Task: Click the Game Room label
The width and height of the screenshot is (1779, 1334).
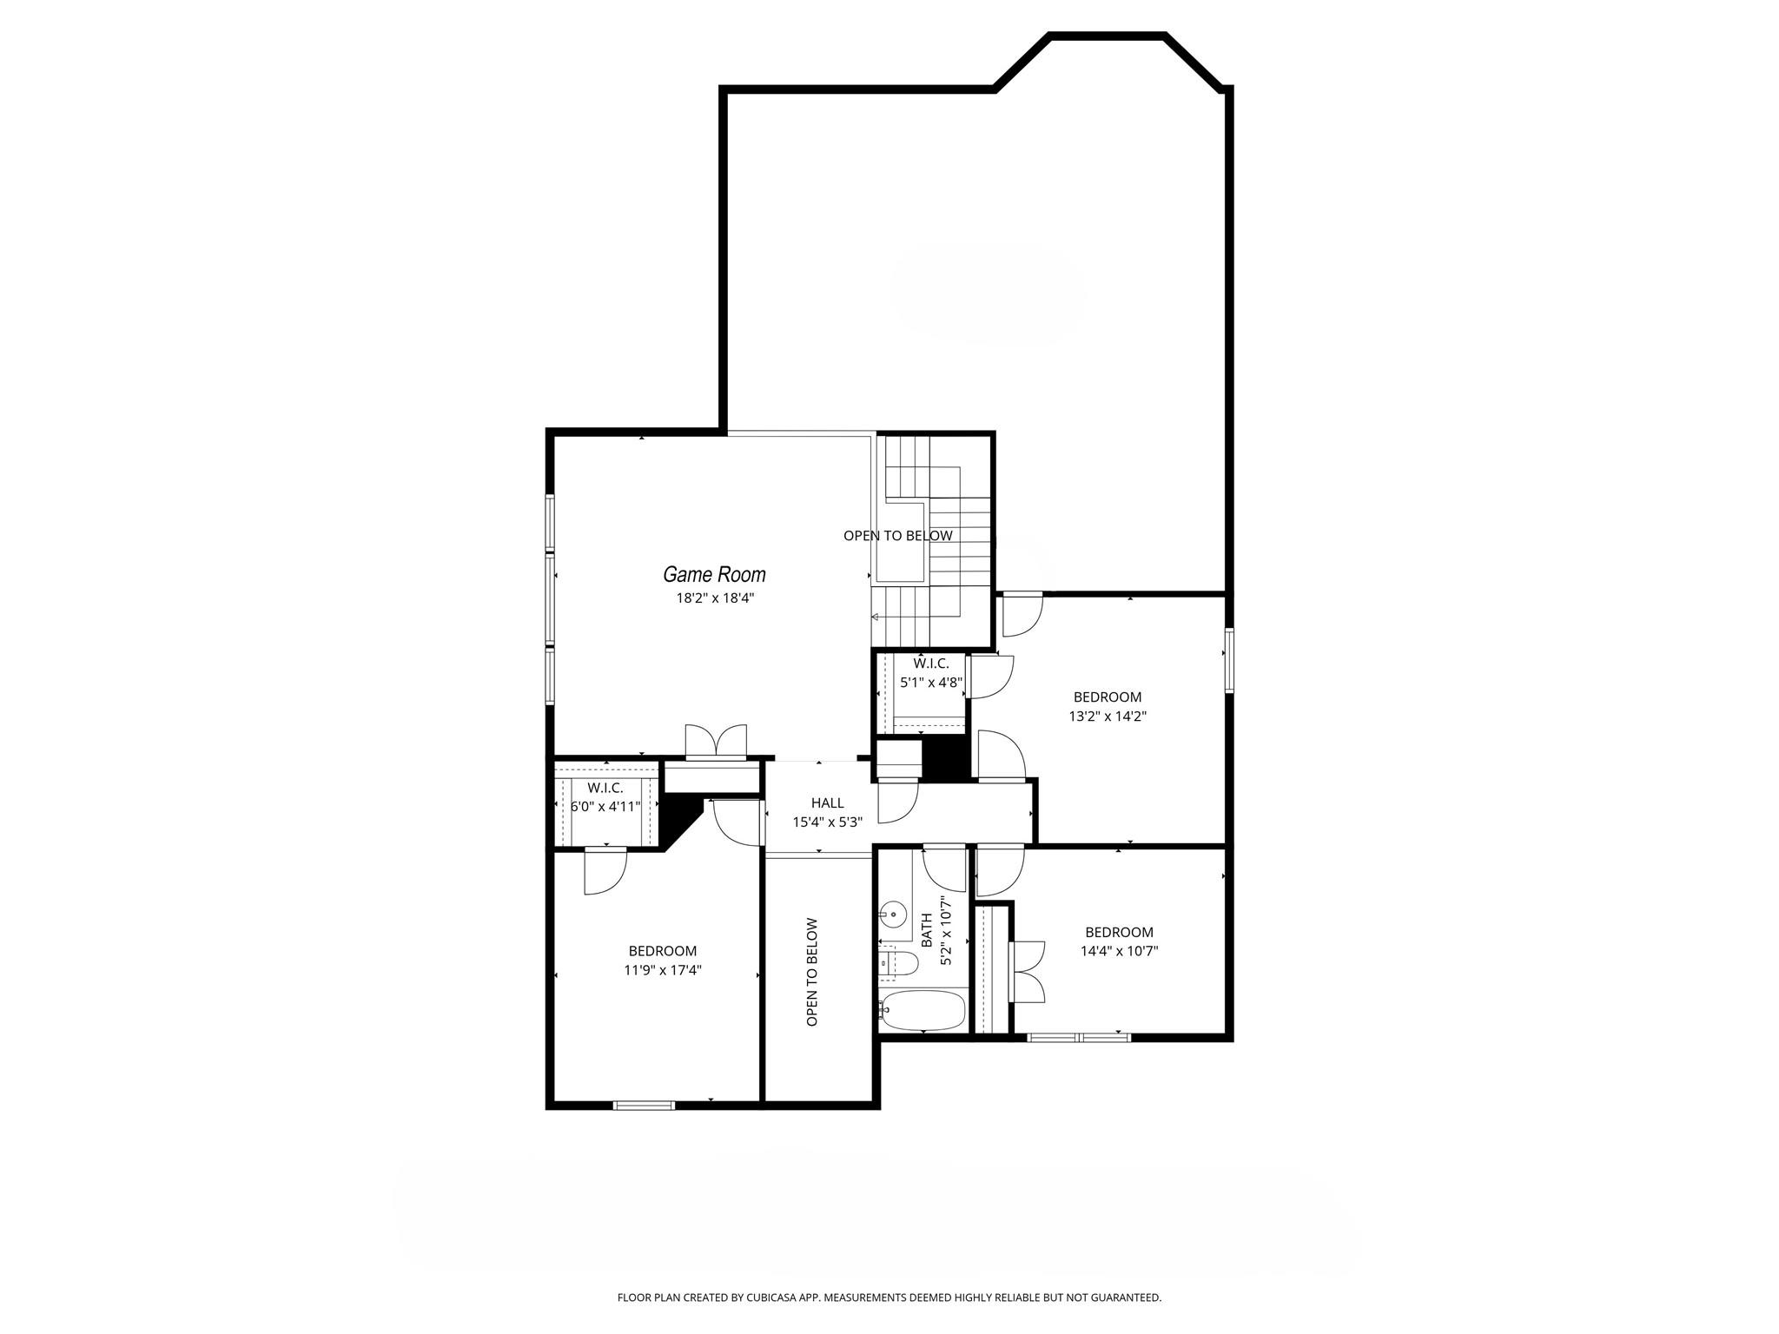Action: (x=714, y=574)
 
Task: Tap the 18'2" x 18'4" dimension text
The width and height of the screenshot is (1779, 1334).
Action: (x=714, y=598)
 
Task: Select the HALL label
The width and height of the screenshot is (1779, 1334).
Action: (x=827, y=802)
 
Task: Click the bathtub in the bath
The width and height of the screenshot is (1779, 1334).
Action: (x=923, y=1009)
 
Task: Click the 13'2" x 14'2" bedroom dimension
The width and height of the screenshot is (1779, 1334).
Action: (x=1108, y=717)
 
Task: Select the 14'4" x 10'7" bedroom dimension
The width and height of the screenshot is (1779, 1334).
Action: (x=1119, y=951)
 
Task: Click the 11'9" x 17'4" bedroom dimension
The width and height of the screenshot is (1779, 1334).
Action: (x=662, y=970)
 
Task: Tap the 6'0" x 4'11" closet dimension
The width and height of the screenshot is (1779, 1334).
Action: (x=605, y=806)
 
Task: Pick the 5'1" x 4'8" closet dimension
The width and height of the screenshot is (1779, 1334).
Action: (x=931, y=683)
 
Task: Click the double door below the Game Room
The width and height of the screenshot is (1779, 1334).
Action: (x=716, y=742)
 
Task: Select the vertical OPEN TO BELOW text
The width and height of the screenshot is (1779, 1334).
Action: (x=812, y=972)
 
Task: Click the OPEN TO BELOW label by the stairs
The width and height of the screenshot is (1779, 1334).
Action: (x=897, y=536)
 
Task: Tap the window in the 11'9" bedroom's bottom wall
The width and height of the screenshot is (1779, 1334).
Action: (x=644, y=1105)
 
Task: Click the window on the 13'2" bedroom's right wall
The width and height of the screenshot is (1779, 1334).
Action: (x=1229, y=660)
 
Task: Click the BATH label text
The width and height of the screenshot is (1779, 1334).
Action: (x=926, y=929)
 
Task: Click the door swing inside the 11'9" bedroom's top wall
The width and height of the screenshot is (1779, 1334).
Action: (x=605, y=871)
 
